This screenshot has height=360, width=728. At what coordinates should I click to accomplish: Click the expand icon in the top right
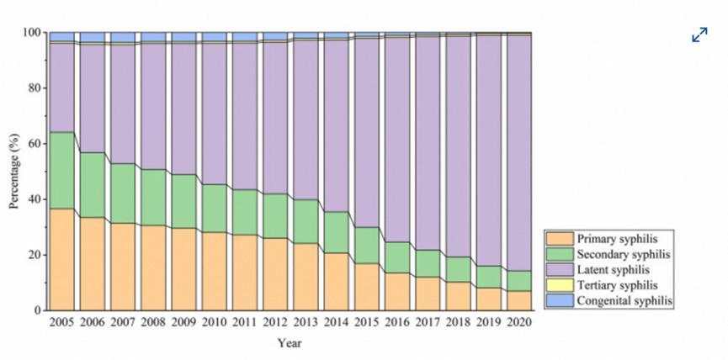tap(699, 35)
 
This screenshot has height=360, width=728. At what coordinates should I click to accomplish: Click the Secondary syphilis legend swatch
tap(560, 254)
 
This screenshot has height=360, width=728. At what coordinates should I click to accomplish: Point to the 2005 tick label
tap(62, 322)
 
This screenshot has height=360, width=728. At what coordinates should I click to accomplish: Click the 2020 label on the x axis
tap(518, 322)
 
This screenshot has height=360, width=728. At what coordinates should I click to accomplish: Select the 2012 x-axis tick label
tap(275, 322)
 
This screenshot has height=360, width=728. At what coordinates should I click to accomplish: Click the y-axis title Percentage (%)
tap(14, 172)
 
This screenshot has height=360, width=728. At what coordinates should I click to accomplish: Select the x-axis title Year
tap(290, 342)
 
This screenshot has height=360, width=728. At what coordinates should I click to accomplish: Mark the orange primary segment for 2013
tap(306, 277)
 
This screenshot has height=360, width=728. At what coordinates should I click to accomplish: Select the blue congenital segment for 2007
tap(123, 37)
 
